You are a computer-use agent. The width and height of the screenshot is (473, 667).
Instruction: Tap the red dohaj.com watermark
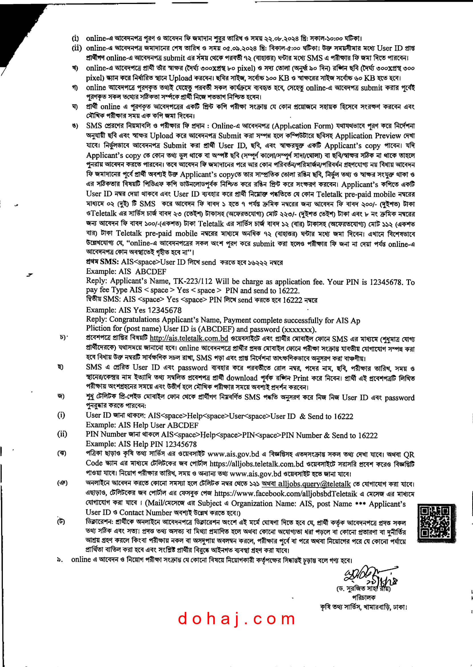pyautogui.click(x=237, y=619)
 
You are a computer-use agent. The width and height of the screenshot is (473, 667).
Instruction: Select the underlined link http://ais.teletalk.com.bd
pyautogui.click(x=189, y=338)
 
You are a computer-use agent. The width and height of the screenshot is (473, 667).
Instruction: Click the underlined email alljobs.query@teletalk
pyautogui.click(x=314, y=484)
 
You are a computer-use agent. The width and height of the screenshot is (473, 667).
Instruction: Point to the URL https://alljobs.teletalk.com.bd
pyautogui.click(x=256, y=464)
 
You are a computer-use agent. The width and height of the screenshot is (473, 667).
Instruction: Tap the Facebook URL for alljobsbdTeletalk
pyautogui.click(x=285, y=494)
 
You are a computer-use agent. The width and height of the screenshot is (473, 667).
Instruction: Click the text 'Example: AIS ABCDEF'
pyautogui.click(x=126, y=271)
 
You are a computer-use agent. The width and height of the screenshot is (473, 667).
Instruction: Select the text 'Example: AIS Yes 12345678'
pyautogui.click(x=134, y=310)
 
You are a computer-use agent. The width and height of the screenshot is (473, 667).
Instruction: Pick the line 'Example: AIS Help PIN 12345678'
pyautogui.click(x=141, y=444)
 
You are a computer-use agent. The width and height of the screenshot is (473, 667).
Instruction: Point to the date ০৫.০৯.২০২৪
pyautogui.click(x=240, y=48)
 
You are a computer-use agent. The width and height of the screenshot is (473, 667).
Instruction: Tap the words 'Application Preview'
pyautogui.click(x=368, y=136)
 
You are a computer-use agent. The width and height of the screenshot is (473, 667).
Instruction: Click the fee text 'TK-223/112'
pyautogui.click(x=193, y=281)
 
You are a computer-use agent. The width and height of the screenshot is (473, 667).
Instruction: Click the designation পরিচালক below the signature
pyautogui.click(x=364, y=597)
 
